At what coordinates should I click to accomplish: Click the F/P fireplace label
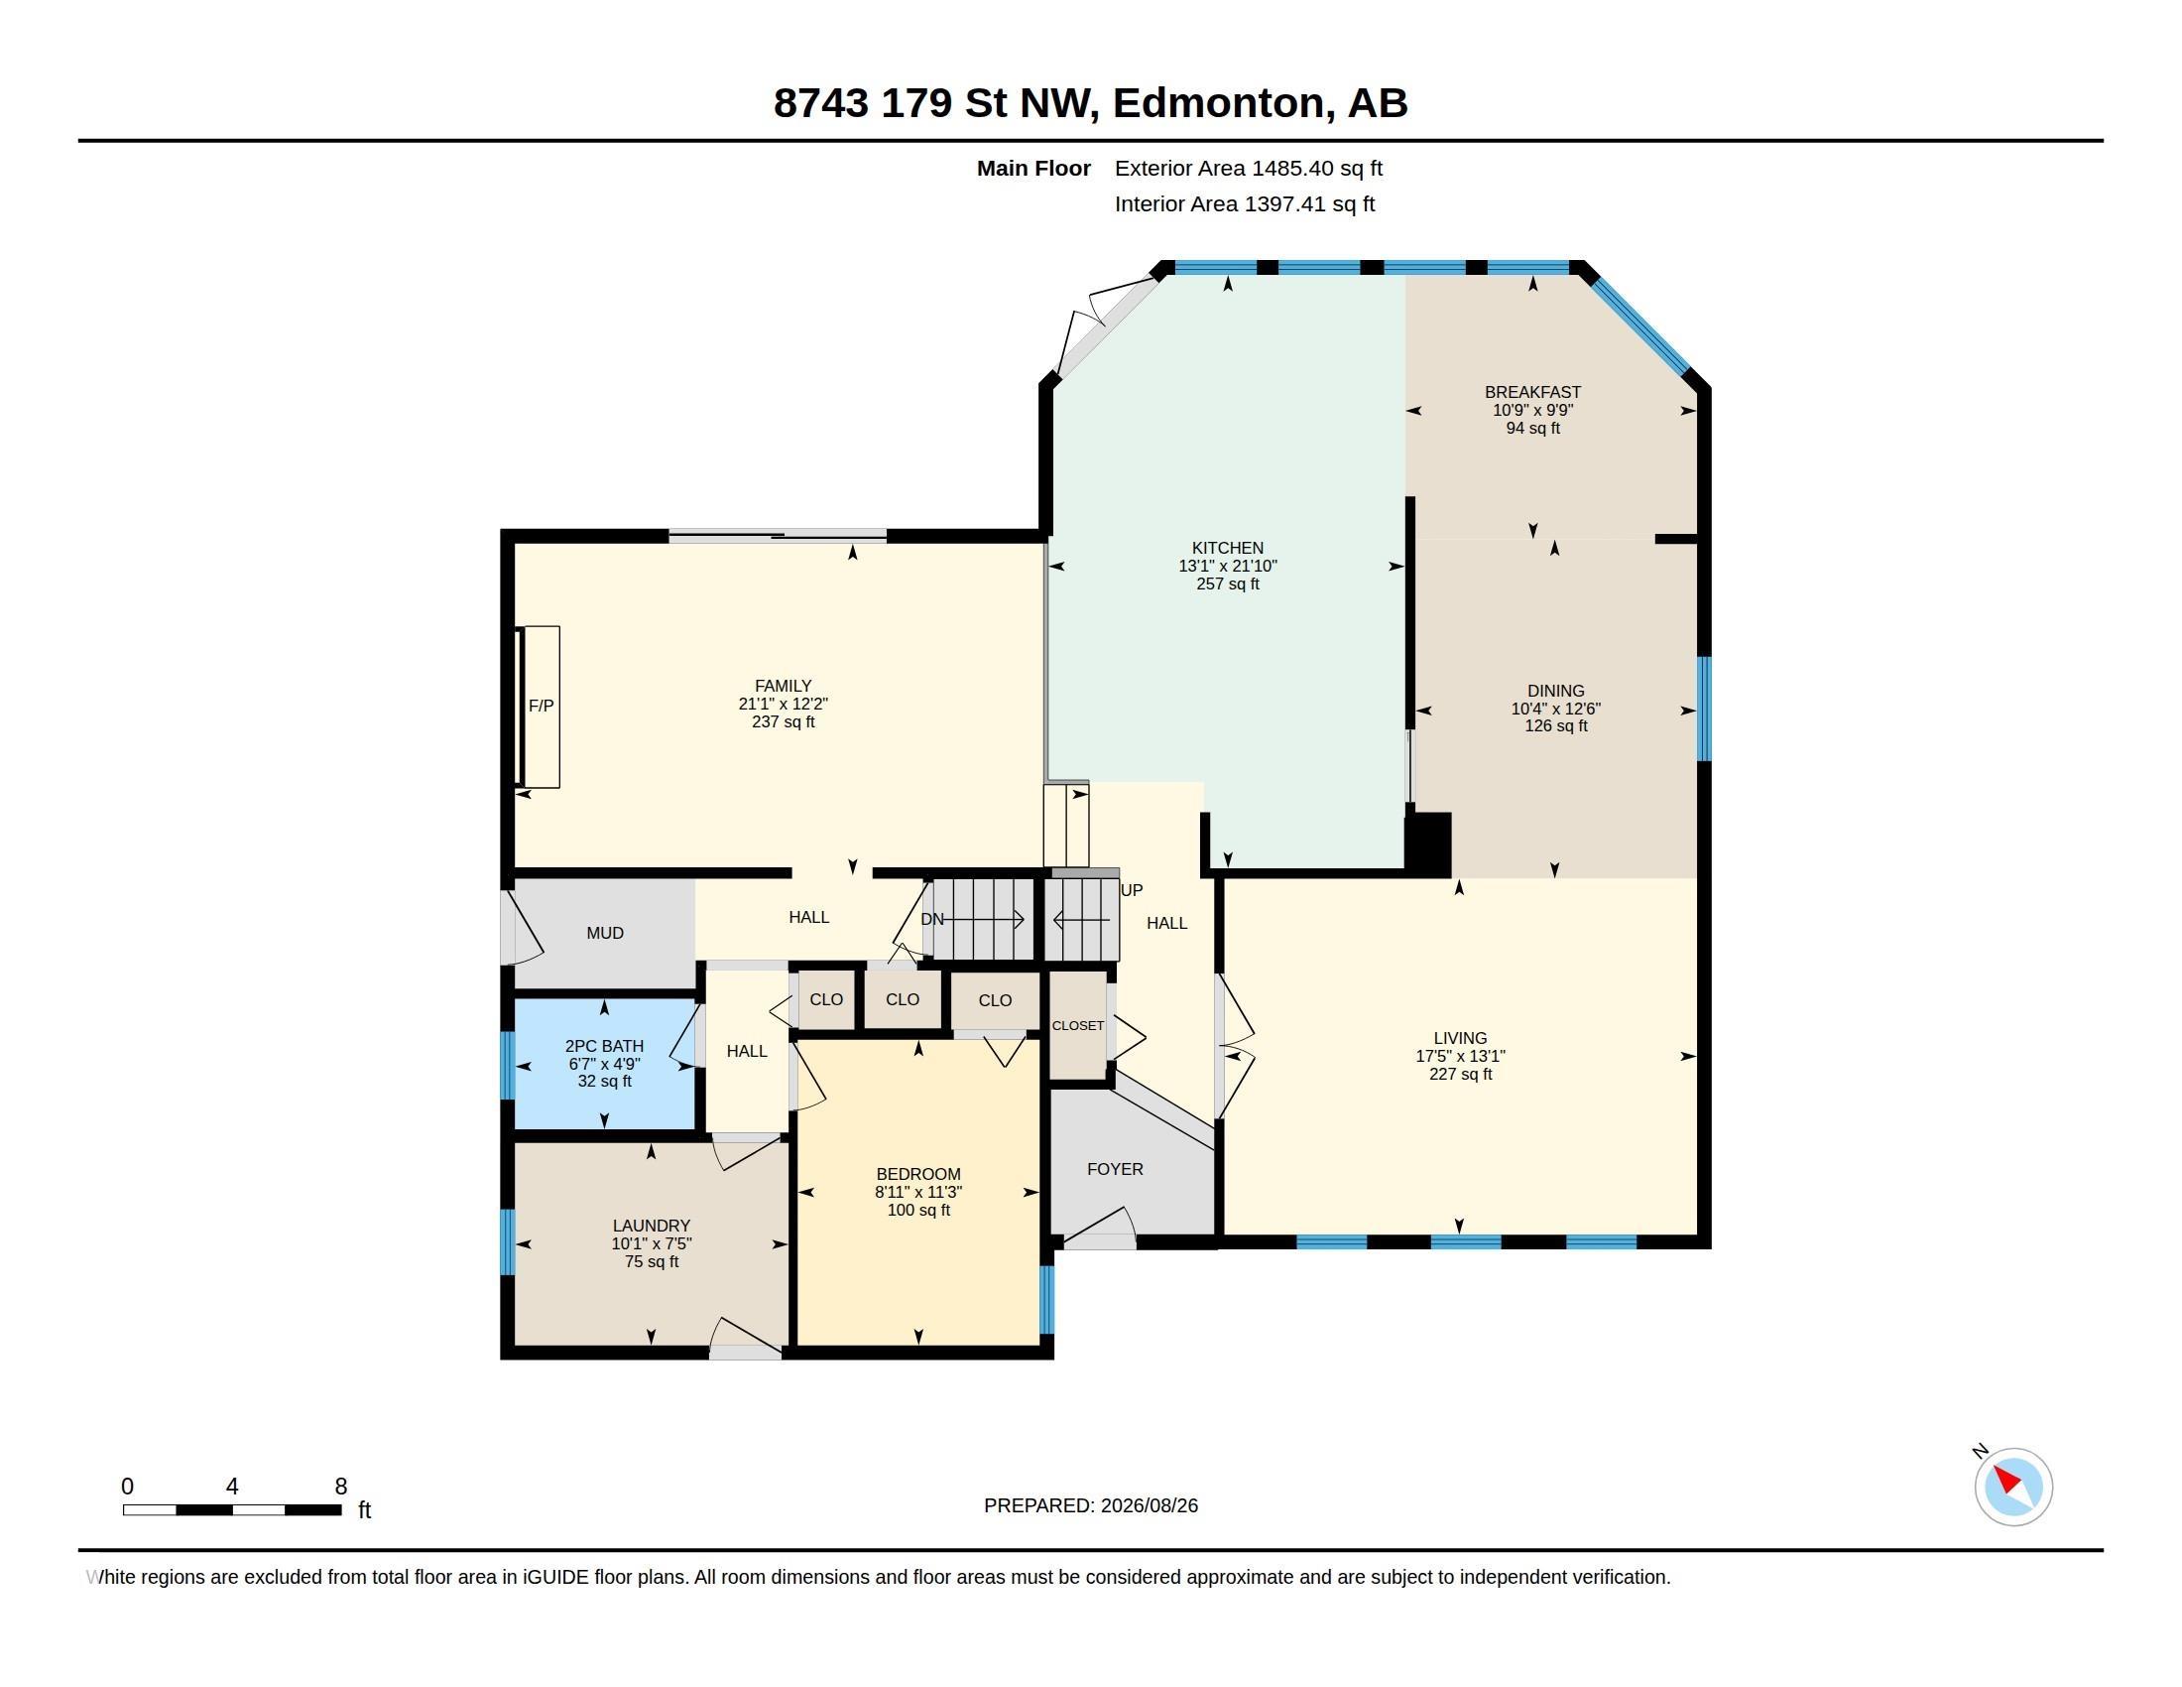[541, 706]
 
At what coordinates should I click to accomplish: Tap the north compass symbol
[2013, 1486]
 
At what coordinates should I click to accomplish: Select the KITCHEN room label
[1227, 548]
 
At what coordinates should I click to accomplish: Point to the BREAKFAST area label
[1532, 392]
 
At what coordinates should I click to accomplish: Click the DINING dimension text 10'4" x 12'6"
[1555, 709]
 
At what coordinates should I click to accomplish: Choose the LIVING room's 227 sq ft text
[1460, 1074]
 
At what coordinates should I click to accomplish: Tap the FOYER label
[1115, 1168]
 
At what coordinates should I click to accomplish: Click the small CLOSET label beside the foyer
[1078, 1025]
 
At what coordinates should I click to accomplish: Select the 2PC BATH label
[604, 1045]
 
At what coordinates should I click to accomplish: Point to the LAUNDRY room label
[652, 1226]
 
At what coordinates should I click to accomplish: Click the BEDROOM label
[918, 1174]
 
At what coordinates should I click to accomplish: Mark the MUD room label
[604, 933]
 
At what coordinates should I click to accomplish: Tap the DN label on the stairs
[932, 919]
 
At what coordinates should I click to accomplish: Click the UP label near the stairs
[1132, 889]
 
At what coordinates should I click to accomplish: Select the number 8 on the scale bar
[340, 1487]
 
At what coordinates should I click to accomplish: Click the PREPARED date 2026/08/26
[1149, 1505]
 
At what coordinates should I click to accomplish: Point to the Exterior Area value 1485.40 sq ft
[1317, 168]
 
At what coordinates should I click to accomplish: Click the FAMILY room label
[784, 686]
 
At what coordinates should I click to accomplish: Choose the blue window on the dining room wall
[1704, 709]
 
